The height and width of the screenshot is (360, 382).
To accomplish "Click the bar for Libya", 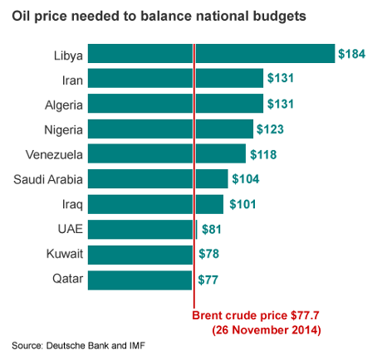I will pyautogui.click(x=211, y=53).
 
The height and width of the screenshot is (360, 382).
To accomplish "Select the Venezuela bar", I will pyautogui.click(x=166, y=153).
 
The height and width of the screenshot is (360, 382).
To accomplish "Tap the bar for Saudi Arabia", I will pyautogui.click(x=157, y=178).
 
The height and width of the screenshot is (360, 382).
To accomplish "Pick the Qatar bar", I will pyautogui.click(x=140, y=280).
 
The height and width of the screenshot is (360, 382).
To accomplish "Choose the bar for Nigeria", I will pyautogui.click(x=169, y=129).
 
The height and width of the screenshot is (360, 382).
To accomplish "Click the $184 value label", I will pyautogui.click(x=352, y=53).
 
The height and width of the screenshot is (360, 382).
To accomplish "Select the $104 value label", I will pyautogui.click(x=246, y=178).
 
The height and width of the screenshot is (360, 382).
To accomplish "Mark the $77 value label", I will pyautogui.click(x=208, y=280).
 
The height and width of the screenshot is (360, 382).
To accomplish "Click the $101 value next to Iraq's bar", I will pyautogui.click(x=242, y=204).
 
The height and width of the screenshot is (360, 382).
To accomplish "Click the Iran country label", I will pyautogui.click(x=71, y=80).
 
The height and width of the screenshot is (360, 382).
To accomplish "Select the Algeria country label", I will pyautogui.click(x=63, y=105).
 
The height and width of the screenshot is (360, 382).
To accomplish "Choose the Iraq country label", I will pyautogui.click(x=72, y=205).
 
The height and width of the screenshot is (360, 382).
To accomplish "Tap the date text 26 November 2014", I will pyautogui.click(x=267, y=329).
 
